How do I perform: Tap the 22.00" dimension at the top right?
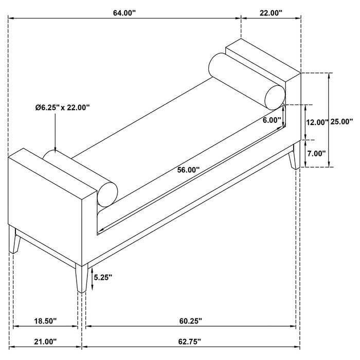coord(271,13)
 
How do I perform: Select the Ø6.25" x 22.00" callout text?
coord(63,107)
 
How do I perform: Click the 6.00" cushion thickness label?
coord(271,120)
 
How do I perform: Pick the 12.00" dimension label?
coord(317,122)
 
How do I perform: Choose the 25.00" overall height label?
coord(341,122)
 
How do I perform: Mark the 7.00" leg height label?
coord(317,153)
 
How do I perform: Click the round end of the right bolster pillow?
coord(276,95)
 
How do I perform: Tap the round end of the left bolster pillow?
coord(109,193)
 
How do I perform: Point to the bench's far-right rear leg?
coord(294,157)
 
